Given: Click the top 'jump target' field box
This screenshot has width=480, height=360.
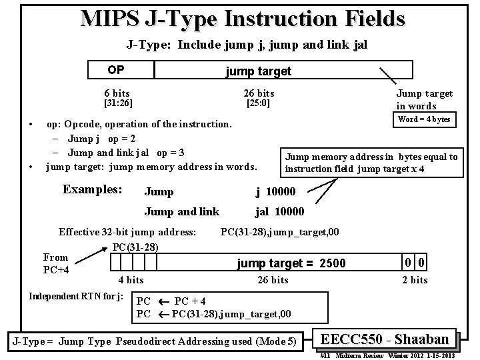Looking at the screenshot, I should tap(258, 71).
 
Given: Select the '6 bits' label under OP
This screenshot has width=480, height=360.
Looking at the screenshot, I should tap(117, 93).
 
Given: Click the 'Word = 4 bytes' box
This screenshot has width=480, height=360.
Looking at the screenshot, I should tap(424, 119).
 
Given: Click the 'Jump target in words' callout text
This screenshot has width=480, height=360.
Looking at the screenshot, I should tap(424, 99).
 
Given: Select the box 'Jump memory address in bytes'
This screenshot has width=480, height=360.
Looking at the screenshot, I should tap(371, 163).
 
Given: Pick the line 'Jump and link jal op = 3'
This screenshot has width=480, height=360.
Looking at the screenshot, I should tap(126, 152).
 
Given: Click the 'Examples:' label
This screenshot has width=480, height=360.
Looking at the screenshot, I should tap(92, 189).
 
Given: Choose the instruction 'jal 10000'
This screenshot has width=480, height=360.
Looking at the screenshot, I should tap(279, 212).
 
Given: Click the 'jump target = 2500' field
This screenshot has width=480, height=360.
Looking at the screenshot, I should tap(291, 263).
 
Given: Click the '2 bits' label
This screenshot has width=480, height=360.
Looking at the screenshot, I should tap(414, 280).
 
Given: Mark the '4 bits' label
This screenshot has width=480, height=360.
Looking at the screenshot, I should tap(131, 280).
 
